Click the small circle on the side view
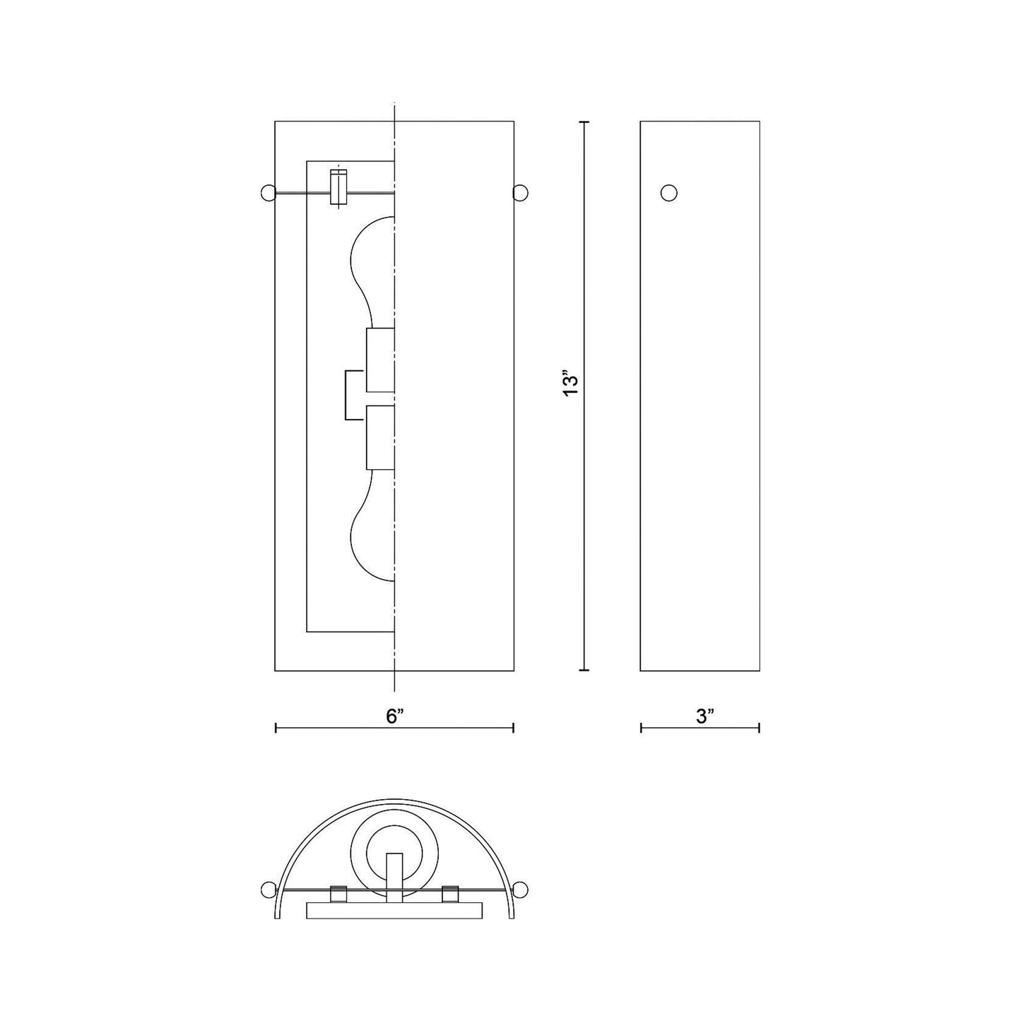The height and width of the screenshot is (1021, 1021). pos(669,193)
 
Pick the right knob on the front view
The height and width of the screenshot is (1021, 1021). pos(520,193)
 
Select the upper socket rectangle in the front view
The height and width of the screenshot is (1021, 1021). pos(380,360)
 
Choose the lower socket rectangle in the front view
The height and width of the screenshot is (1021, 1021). pos(380,437)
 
